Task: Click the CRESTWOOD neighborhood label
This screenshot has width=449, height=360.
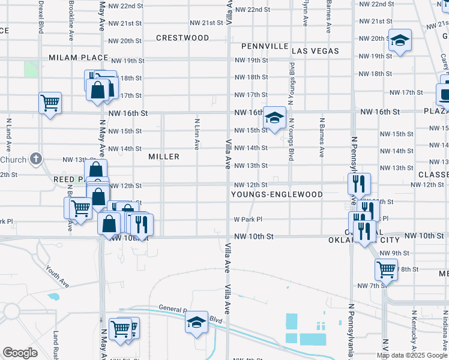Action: [182, 38]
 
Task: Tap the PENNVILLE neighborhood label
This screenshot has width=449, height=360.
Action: [264, 46]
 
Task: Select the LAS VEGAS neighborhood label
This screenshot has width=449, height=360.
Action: [315, 51]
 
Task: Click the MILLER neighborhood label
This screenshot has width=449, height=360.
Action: [164, 157]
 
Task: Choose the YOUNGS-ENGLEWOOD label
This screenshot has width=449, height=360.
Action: [277, 194]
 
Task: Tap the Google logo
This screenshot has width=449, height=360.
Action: [20, 353]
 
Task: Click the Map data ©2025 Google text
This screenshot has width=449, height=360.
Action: [411, 355]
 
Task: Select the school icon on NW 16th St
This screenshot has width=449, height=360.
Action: [275, 117]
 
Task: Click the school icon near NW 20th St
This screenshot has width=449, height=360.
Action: [400, 41]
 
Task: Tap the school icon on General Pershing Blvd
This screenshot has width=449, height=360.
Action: [196, 322]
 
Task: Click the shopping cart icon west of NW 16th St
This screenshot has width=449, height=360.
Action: [50, 103]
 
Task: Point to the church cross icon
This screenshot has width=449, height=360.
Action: [36, 159]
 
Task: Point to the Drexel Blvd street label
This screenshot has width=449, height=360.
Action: [41, 16]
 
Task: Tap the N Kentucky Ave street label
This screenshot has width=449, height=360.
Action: [414, 333]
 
